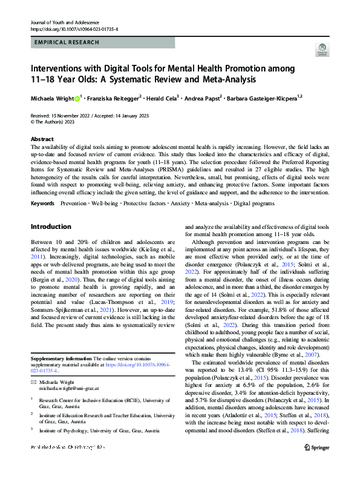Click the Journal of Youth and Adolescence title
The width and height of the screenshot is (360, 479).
(65, 22)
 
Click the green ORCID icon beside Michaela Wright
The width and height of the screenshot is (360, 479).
(77, 98)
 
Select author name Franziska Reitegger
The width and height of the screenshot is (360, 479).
(114, 98)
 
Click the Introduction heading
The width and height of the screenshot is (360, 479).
(51, 227)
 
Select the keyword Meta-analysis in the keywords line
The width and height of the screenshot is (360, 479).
(212, 203)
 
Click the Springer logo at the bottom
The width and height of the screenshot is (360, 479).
(316, 464)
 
